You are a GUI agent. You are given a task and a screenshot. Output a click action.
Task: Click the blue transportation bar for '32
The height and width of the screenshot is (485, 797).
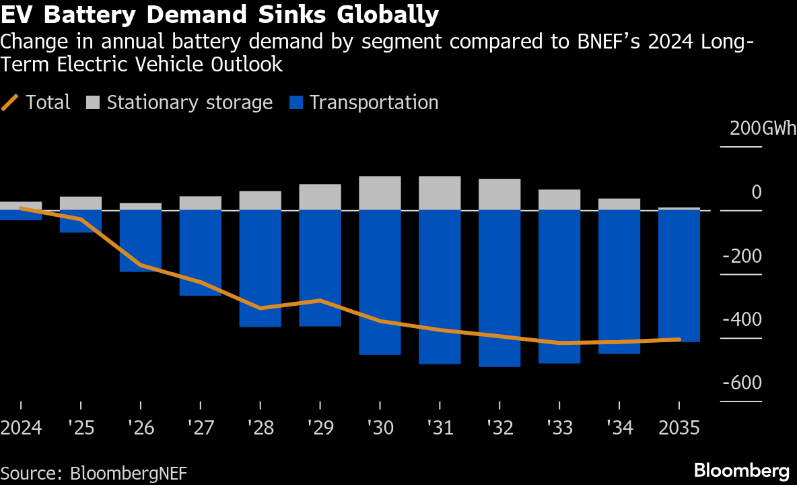tap(499, 288)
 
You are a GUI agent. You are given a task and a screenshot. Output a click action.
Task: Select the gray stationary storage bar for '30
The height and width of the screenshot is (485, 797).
tap(380, 193)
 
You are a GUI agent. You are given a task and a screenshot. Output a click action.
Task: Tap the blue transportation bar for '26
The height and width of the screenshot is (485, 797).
tap(141, 240)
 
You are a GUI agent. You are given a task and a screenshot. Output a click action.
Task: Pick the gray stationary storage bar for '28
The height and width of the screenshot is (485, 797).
tap(260, 201)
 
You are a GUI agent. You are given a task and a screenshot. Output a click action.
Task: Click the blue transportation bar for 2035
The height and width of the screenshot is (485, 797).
tap(679, 276)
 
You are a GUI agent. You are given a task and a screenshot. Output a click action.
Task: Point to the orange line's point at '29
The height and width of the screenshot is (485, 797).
tap(320, 300)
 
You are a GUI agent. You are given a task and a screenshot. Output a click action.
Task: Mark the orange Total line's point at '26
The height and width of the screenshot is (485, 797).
tap(141, 265)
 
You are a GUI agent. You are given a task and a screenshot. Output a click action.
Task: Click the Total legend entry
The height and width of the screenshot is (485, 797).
tap(36, 102)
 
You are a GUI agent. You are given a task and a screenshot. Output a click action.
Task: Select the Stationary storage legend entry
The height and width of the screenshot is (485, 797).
tap(180, 102)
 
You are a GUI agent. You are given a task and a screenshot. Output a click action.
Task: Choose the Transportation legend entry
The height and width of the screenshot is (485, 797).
tap(363, 102)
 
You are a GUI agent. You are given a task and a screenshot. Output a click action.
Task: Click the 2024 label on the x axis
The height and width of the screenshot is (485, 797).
tap(21, 428)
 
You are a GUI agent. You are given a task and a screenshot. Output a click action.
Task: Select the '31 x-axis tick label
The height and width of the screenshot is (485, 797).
tap(440, 428)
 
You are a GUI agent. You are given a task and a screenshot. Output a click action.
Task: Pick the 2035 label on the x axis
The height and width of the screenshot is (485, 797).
tap(679, 428)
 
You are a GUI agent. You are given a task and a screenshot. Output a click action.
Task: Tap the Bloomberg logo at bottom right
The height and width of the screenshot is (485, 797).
tap(741, 470)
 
